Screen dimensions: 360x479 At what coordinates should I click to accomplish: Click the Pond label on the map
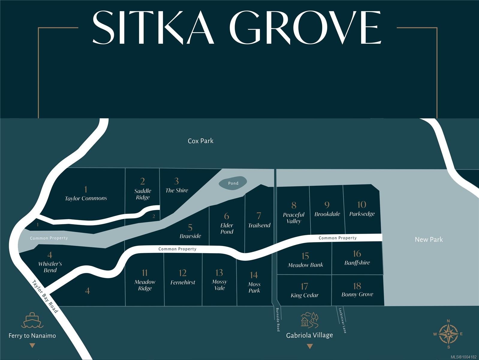(233, 183)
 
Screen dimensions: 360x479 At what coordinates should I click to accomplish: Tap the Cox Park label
(201, 141)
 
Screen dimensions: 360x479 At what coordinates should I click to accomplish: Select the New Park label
(429, 239)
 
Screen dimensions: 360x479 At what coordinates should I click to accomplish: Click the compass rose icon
(448, 334)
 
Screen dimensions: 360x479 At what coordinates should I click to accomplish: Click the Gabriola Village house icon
(309, 320)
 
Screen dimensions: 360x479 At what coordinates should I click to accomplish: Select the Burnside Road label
(278, 319)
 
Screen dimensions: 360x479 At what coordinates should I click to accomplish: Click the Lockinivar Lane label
(342, 320)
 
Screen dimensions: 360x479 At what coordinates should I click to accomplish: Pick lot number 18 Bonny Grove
(357, 290)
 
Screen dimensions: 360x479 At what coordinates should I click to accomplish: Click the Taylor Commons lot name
(86, 198)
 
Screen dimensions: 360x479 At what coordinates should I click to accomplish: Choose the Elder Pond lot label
(227, 229)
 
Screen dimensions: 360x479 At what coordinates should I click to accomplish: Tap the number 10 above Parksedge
(362, 205)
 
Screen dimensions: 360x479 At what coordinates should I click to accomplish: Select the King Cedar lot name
(305, 295)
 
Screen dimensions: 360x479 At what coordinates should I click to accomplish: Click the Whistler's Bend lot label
(50, 267)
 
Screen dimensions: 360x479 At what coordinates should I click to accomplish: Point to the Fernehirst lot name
(183, 282)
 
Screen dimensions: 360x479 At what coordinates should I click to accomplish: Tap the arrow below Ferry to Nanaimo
(32, 346)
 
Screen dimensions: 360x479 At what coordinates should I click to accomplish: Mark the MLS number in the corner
(463, 357)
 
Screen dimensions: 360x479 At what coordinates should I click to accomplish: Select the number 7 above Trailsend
(259, 216)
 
